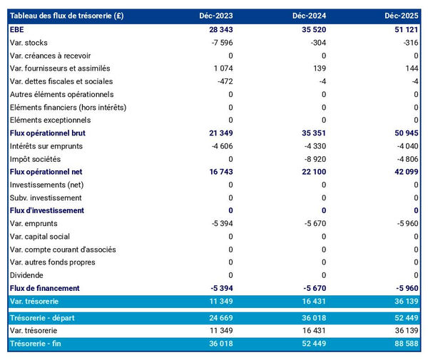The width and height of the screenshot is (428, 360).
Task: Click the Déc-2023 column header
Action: click(217, 16)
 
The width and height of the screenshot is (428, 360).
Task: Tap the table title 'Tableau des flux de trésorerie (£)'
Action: click(66, 16)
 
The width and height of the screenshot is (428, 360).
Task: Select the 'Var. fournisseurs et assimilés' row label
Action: click(60, 68)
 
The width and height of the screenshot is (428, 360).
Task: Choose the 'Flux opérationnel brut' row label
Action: click(47, 133)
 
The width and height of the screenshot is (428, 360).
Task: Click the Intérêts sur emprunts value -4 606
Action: click(220, 146)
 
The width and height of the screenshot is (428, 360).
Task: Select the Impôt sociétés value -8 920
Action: click(313, 159)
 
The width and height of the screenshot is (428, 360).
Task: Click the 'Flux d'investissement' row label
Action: click(46, 210)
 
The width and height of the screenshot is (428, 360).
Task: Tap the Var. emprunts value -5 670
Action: click(313, 224)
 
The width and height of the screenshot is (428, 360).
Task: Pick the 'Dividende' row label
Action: click(26, 275)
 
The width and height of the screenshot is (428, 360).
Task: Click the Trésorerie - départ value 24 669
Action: click(219, 318)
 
